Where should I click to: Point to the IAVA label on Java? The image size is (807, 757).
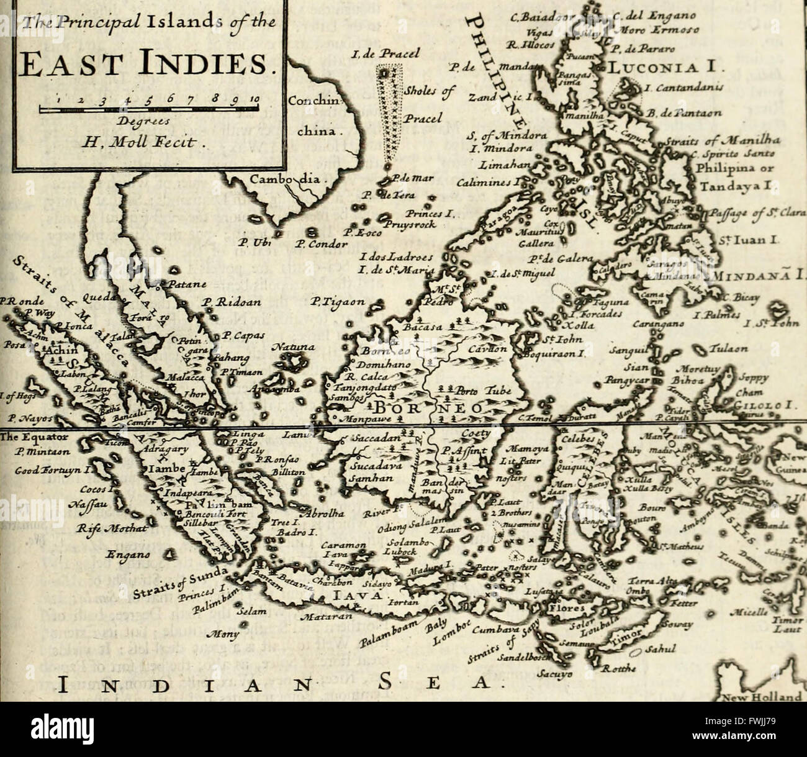353,596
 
